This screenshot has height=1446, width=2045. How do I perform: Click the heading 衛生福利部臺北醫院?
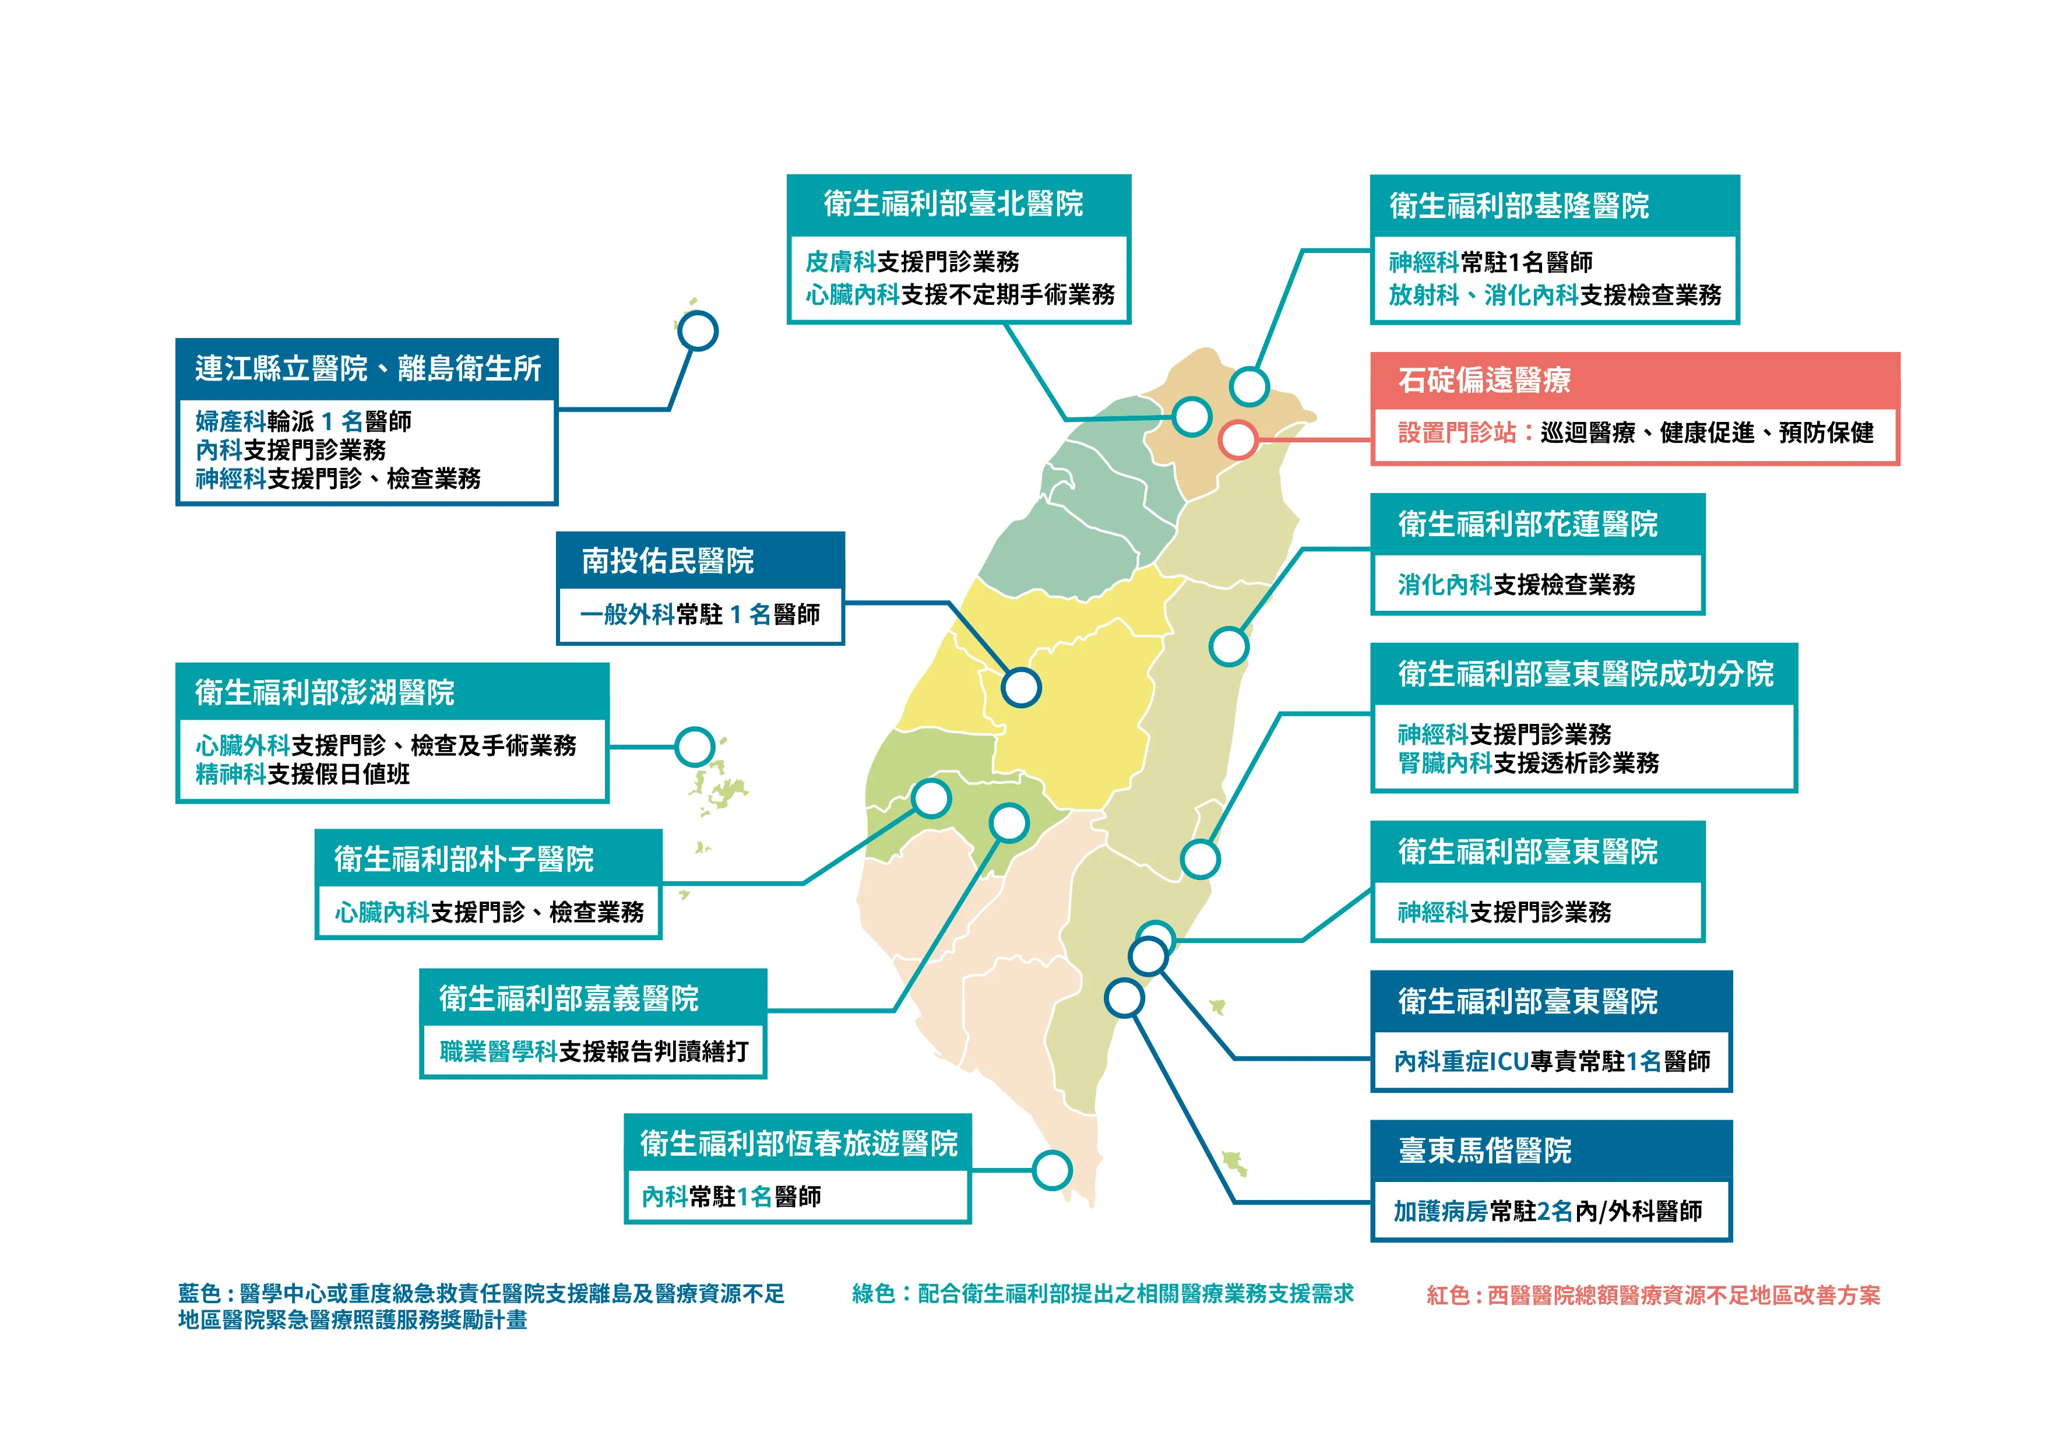(953, 204)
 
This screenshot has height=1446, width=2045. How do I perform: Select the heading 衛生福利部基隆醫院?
(1519, 206)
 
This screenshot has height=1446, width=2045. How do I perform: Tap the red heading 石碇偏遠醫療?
(1484, 381)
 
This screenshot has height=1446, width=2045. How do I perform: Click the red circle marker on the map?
(1238, 439)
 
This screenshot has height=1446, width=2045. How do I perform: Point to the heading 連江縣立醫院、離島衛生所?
(368, 368)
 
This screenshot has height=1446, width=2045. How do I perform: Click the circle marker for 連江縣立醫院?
(698, 332)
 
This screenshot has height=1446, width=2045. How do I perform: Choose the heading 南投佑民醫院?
(667, 561)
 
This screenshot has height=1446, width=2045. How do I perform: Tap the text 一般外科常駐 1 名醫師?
(699, 614)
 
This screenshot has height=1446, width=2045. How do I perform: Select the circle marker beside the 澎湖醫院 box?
(695, 747)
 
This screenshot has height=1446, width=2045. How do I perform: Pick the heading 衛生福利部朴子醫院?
(463, 859)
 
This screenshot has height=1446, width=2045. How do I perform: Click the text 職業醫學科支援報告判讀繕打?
(593, 1051)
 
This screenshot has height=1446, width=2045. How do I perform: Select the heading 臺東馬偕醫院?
(1485, 1150)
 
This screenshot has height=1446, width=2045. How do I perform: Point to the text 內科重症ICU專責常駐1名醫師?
(1551, 1061)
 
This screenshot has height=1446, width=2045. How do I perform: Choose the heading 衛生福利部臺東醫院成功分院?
(1585, 674)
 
